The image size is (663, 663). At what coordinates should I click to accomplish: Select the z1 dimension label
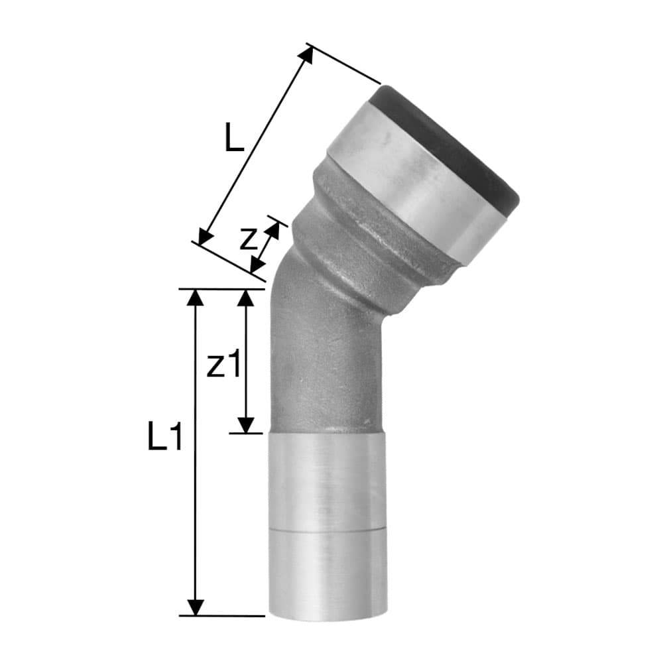223,365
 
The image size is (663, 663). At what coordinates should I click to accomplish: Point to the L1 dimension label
164,439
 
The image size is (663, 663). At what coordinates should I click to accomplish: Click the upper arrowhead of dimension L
307,54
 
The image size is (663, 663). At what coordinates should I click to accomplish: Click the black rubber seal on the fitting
451,143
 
